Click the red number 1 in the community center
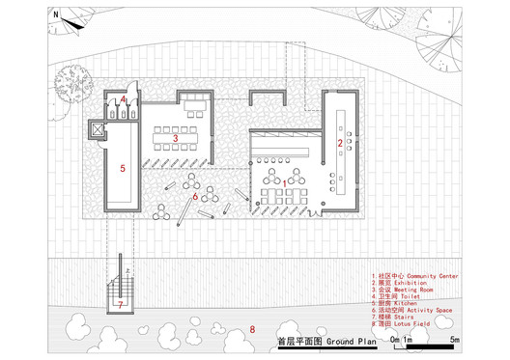click(x=282, y=180)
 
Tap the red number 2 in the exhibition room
click(x=339, y=143)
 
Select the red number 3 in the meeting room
click(x=176, y=139)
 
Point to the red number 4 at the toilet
click(x=124, y=99)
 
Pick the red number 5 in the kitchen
click(x=123, y=168)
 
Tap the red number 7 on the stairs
click(x=121, y=304)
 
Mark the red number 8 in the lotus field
click(x=253, y=330)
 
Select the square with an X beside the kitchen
click(x=95, y=128)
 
